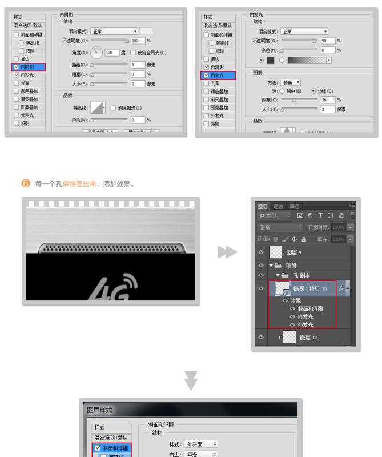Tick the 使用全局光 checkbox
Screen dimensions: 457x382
(133, 53)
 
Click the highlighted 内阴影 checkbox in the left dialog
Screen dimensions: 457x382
(17, 67)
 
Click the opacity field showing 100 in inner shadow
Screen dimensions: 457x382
(137, 41)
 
